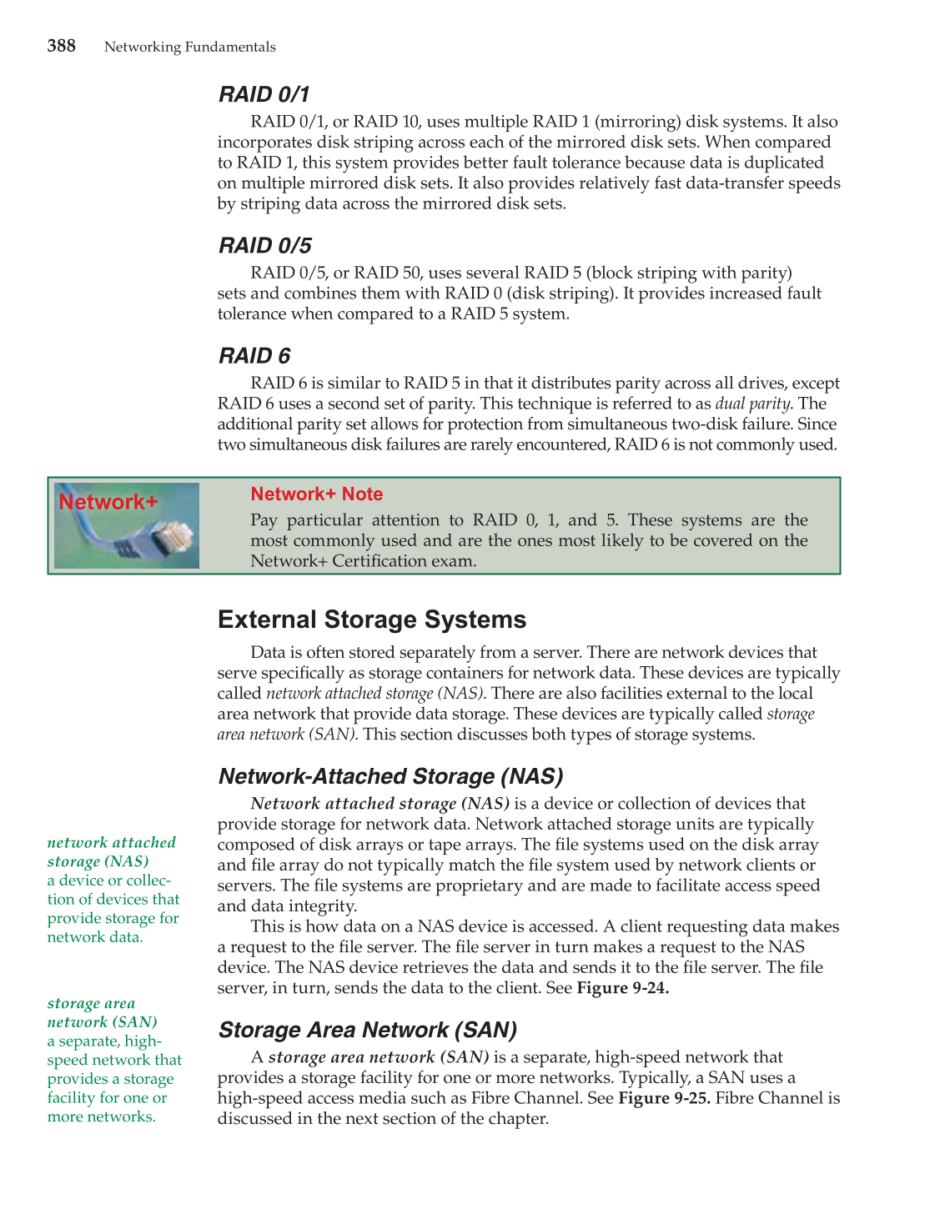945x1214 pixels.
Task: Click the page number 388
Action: pos(61,46)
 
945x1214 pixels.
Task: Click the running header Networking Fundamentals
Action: pos(189,48)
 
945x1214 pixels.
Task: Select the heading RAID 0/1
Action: pos(264,94)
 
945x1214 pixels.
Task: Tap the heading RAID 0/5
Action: pos(264,245)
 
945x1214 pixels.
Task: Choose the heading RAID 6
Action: pos(254,356)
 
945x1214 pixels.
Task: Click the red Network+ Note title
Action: pos(316,494)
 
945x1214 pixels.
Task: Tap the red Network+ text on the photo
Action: pos(108,502)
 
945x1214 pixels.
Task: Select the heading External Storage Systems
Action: pos(371,620)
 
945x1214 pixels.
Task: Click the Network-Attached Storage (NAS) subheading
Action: pos(390,776)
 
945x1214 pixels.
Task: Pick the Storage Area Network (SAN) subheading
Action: pos(367,1030)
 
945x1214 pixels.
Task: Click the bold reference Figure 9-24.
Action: pos(622,988)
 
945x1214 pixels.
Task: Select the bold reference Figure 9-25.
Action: pos(664,1098)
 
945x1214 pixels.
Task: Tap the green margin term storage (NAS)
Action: pos(98,861)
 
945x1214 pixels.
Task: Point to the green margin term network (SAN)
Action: pos(102,1022)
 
